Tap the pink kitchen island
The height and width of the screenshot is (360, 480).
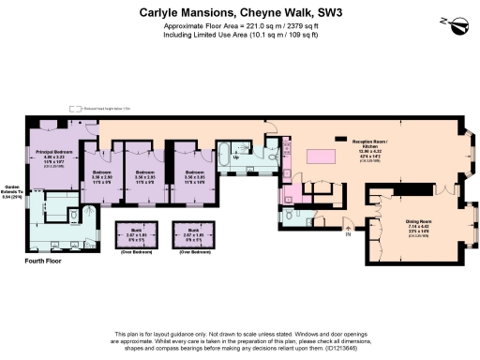[319, 156]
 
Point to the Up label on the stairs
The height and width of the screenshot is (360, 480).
[235, 157]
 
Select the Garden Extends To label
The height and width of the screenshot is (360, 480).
[13, 189]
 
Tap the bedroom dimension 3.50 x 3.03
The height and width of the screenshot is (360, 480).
[193, 177]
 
